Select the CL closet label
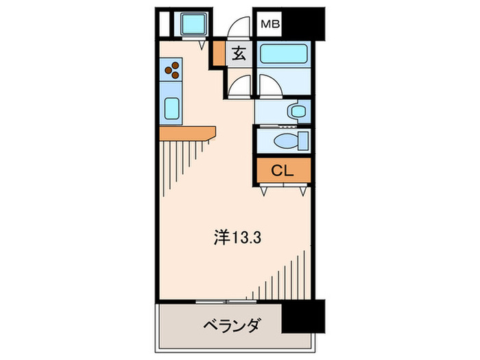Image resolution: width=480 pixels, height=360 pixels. pyautogui.click(x=283, y=171)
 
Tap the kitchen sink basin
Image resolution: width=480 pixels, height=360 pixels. pyautogui.click(x=171, y=108)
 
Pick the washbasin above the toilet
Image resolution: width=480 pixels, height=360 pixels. pyautogui.click(x=296, y=110)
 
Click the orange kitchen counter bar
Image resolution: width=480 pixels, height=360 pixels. pyautogui.click(x=187, y=132)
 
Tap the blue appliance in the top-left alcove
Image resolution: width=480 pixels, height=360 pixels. pyautogui.click(x=189, y=25)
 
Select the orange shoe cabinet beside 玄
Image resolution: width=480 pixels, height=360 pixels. pyautogui.click(x=217, y=55)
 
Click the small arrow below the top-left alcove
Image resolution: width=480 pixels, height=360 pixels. pyautogui.click(x=200, y=46)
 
